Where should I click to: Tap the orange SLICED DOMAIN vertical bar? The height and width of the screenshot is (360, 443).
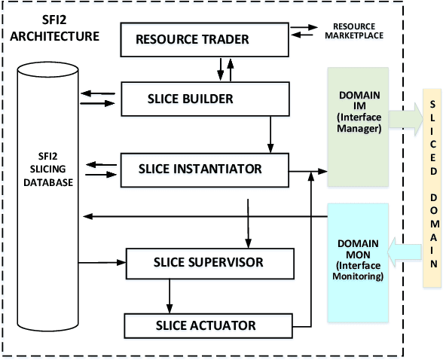(432, 184)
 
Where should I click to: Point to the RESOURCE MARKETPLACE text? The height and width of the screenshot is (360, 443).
(353, 31)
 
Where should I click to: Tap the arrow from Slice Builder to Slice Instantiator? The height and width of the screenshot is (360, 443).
(270, 133)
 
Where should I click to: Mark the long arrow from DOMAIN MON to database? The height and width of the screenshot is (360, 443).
(203, 216)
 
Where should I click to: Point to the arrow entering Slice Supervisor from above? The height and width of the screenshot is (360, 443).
(248, 222)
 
